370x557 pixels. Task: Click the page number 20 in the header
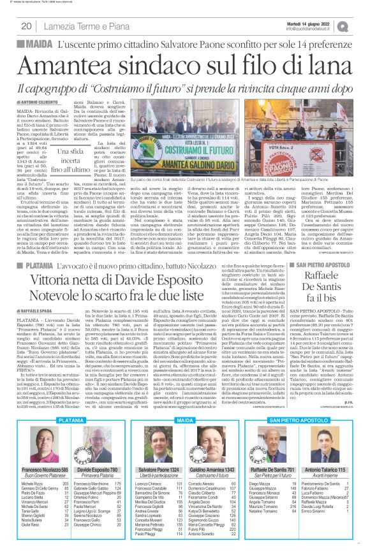coord(27,25)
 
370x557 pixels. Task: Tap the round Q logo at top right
coord(361,25)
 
